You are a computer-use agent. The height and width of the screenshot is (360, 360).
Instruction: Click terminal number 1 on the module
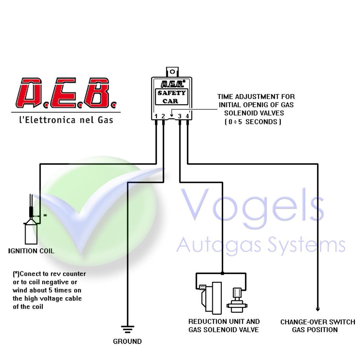point(156,116)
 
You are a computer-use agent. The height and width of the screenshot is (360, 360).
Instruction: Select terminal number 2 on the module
point(163,116)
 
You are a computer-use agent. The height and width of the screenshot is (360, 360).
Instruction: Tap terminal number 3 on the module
point(180,116)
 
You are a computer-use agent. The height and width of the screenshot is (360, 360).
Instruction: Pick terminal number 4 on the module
point(187,116)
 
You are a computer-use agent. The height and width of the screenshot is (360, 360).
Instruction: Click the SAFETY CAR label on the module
point(172,96)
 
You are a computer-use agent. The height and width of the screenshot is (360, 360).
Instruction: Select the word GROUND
point(127,341)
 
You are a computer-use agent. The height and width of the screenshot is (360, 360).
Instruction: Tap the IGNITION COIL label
point(31,251)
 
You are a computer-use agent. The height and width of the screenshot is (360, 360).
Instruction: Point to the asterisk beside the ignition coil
point(45,216)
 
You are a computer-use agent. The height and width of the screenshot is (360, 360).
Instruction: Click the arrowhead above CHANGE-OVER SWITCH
point(318,308)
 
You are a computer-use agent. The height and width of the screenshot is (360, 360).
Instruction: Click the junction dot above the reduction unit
point(222,274)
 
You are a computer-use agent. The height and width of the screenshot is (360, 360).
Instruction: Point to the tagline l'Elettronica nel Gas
point(66,120)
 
